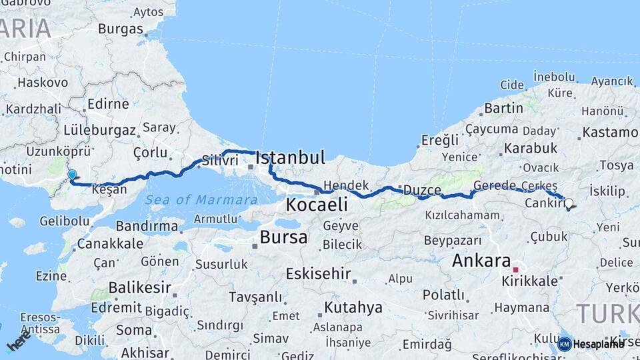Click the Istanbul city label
point(291,158)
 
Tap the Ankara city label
point(481,261)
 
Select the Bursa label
point(284,237)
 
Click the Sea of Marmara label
point(201,199)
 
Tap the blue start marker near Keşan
point(72,175)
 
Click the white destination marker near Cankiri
point(569,203)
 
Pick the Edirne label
point(107,104)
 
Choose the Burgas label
point(121,29)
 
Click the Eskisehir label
point(318,273)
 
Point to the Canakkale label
point(110,243)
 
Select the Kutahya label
point(353,307)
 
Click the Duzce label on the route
point(420,190)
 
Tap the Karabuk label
point(531,148)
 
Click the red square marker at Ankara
point(515,270)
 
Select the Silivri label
point(220,161)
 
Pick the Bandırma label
point(155,227)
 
